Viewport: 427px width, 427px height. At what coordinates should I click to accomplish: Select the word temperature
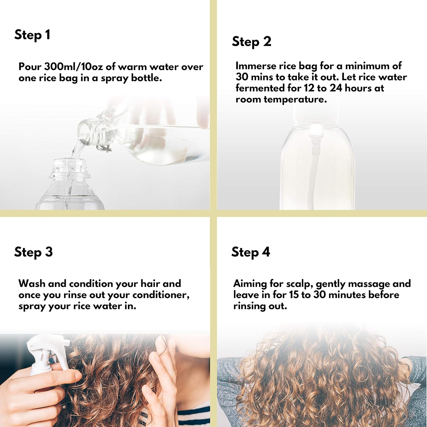(x=295, y=100)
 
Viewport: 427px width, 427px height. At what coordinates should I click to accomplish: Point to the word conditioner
(x=161, y=295)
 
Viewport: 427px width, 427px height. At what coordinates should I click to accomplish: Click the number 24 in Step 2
(x=336, y=88)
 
